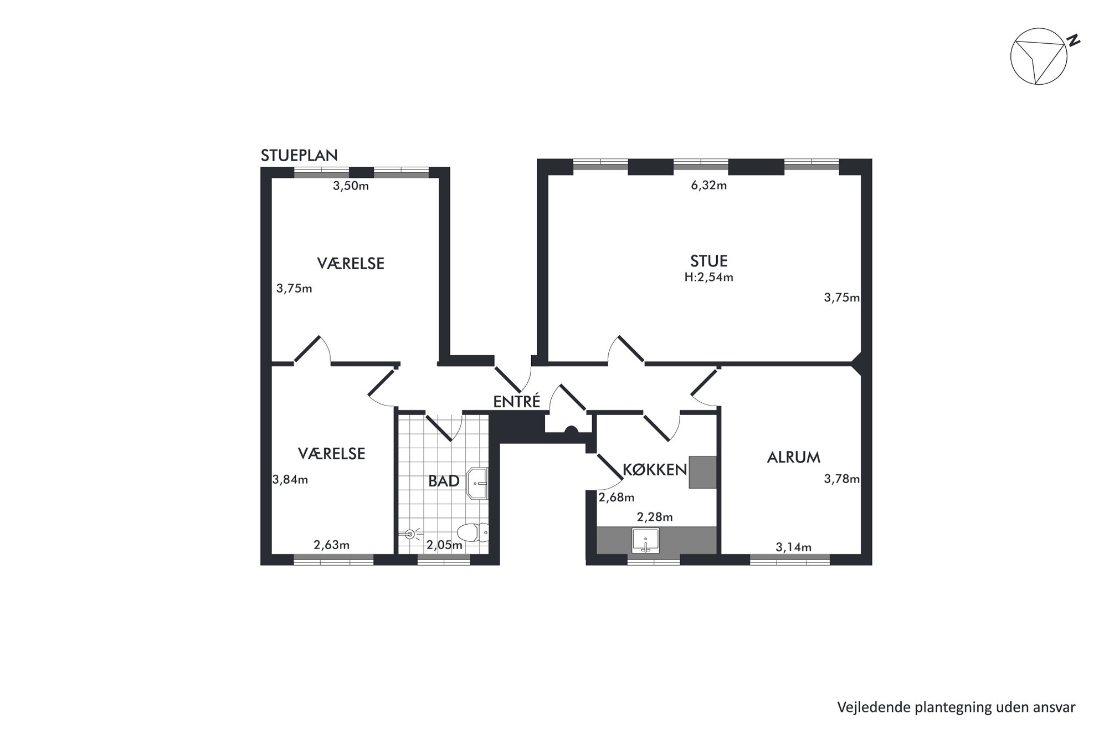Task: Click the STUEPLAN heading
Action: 299,155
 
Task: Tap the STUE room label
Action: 709,260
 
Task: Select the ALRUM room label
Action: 794,458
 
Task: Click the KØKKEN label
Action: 655,470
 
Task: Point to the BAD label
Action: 444,481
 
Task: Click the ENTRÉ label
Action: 517,402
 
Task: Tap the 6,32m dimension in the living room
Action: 709,186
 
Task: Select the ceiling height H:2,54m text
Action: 709,278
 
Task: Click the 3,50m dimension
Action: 351,186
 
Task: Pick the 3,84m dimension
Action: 290,480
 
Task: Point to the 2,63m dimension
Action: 332,545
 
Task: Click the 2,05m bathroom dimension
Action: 444,545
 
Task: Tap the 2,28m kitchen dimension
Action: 655,517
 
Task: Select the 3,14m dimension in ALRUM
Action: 794,548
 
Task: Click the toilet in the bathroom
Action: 475,532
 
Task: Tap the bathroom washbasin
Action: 477,483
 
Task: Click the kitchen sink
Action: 645,541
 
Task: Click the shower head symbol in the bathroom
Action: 410,534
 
